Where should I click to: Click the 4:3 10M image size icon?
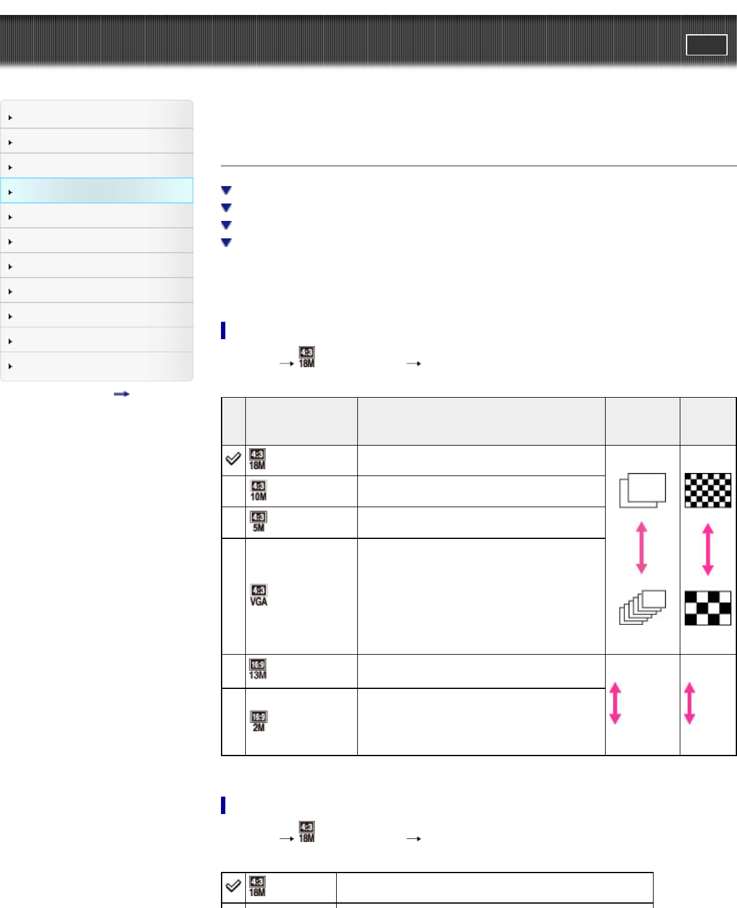pos(258,491)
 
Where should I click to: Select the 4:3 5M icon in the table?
pos(258,522)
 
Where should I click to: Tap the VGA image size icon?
pos(258,596)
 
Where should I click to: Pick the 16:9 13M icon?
pos(258,670)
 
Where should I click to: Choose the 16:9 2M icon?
pos(258,722)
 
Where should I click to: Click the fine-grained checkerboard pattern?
pos(708,490)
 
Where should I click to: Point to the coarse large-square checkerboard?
pos(708,607)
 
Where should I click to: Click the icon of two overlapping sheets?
pos(642,490)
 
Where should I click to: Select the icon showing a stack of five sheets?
pos(642,607)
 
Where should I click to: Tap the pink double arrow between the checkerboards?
pos(708,549)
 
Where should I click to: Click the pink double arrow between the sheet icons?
pos(641,548)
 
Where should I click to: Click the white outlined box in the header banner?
pos(706,45)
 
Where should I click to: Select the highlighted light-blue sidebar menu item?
pos(96,190)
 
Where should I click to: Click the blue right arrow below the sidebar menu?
pos(121,394)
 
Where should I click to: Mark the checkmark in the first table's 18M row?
pos(233,459)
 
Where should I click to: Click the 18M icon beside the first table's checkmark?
pos(257,460)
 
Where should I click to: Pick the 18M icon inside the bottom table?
pos(257,887)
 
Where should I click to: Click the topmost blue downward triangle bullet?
pos(226,190)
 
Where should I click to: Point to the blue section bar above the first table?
pos(223,330)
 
